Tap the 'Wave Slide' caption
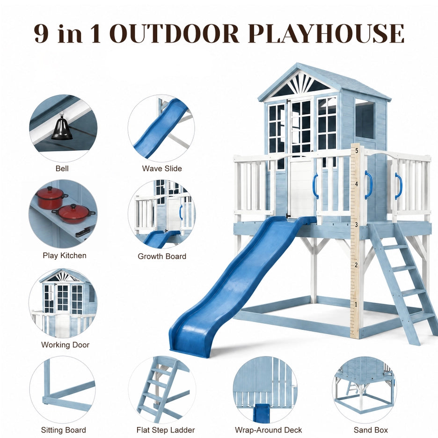(162, 168)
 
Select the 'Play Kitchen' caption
(65, 255)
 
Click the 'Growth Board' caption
(162, 256)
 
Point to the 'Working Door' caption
(65, 345)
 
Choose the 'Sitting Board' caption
(64, 430)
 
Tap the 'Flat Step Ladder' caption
(166, 430)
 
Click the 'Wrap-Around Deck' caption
(269, 430)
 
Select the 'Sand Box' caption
(371, 430)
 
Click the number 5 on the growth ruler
(357, 151)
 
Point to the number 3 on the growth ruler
(357, 225)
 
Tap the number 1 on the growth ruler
(356, 304)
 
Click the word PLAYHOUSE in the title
(326, 33)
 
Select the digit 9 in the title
(41, 34)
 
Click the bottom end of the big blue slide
(190, 352)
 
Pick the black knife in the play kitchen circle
(83, 232)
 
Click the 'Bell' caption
(62, 168)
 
